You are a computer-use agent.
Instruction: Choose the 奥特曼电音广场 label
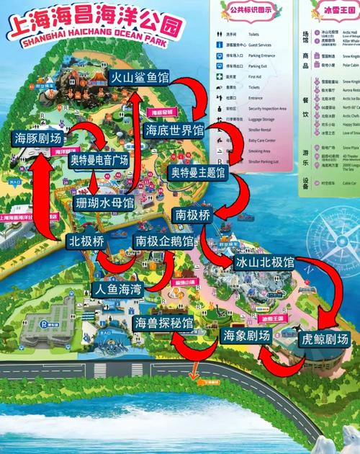click(x=99, y=160)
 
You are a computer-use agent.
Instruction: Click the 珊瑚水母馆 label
click(x=104, y=204)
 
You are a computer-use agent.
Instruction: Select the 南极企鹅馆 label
click(x=165, y=241)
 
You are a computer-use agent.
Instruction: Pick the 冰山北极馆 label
click(x=264, y=263)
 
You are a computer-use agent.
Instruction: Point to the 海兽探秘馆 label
click(x=163, y=324)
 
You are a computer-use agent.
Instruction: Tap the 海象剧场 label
click(x=246, y=336)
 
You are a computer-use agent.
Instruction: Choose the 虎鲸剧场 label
click(x=325, y=339)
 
